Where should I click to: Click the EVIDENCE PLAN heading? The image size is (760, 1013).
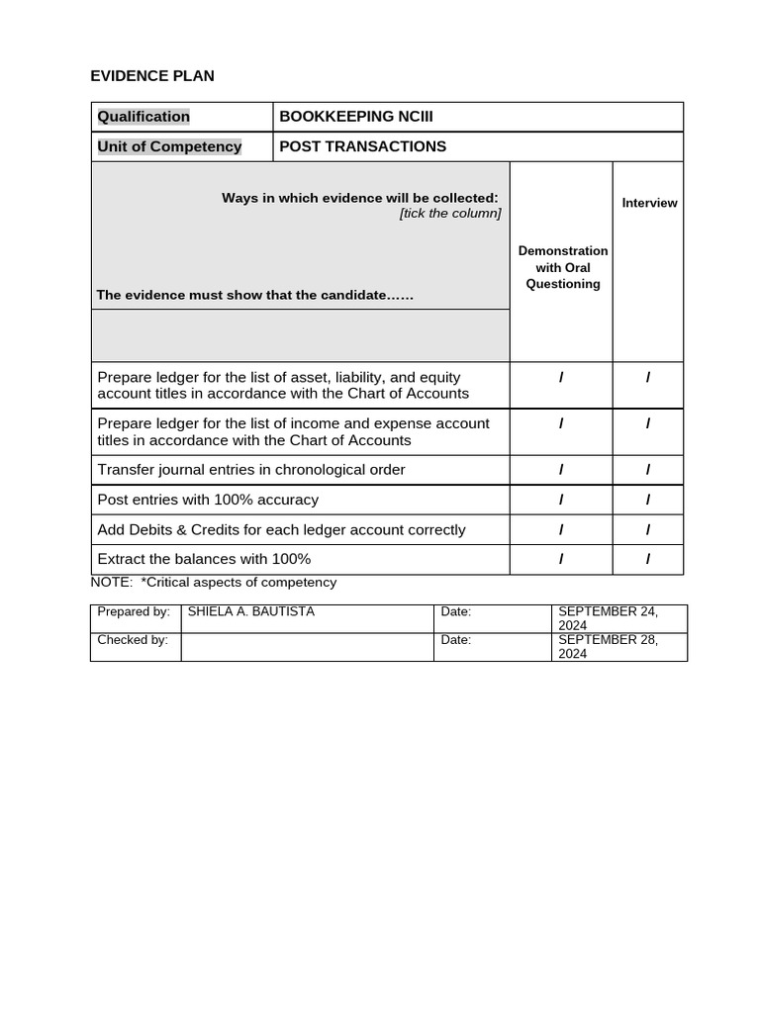pos(152,76)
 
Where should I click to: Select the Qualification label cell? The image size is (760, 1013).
pos(143,117)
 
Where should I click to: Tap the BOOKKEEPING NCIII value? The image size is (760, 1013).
pos(356,117)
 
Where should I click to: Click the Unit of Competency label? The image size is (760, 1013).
pos(169,146)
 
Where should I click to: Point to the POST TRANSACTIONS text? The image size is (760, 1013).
pos(362,146)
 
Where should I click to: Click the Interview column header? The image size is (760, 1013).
pos(649,203)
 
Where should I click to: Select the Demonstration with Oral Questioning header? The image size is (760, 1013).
pos(563,267)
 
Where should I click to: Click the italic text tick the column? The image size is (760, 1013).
pos(450,214)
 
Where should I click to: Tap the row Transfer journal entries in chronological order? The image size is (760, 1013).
pos(251,470)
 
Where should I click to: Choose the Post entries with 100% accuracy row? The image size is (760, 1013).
pos(208,500)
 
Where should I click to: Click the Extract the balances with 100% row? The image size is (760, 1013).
pos(204,559)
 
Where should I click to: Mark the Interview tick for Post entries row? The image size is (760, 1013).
pos(648,500)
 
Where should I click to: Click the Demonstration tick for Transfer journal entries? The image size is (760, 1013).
pos(561,470)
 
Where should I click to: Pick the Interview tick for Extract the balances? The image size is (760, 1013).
pos(648,559)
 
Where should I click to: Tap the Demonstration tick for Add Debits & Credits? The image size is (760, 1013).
pos(561,529)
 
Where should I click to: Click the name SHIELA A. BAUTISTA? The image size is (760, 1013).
pos(251,612)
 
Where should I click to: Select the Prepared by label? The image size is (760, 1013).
pos(134,612)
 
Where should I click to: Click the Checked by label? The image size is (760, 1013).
pos(133,640)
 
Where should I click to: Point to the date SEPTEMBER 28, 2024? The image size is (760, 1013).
pos(608,647)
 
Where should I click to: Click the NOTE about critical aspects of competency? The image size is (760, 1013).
pos(214,583)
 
